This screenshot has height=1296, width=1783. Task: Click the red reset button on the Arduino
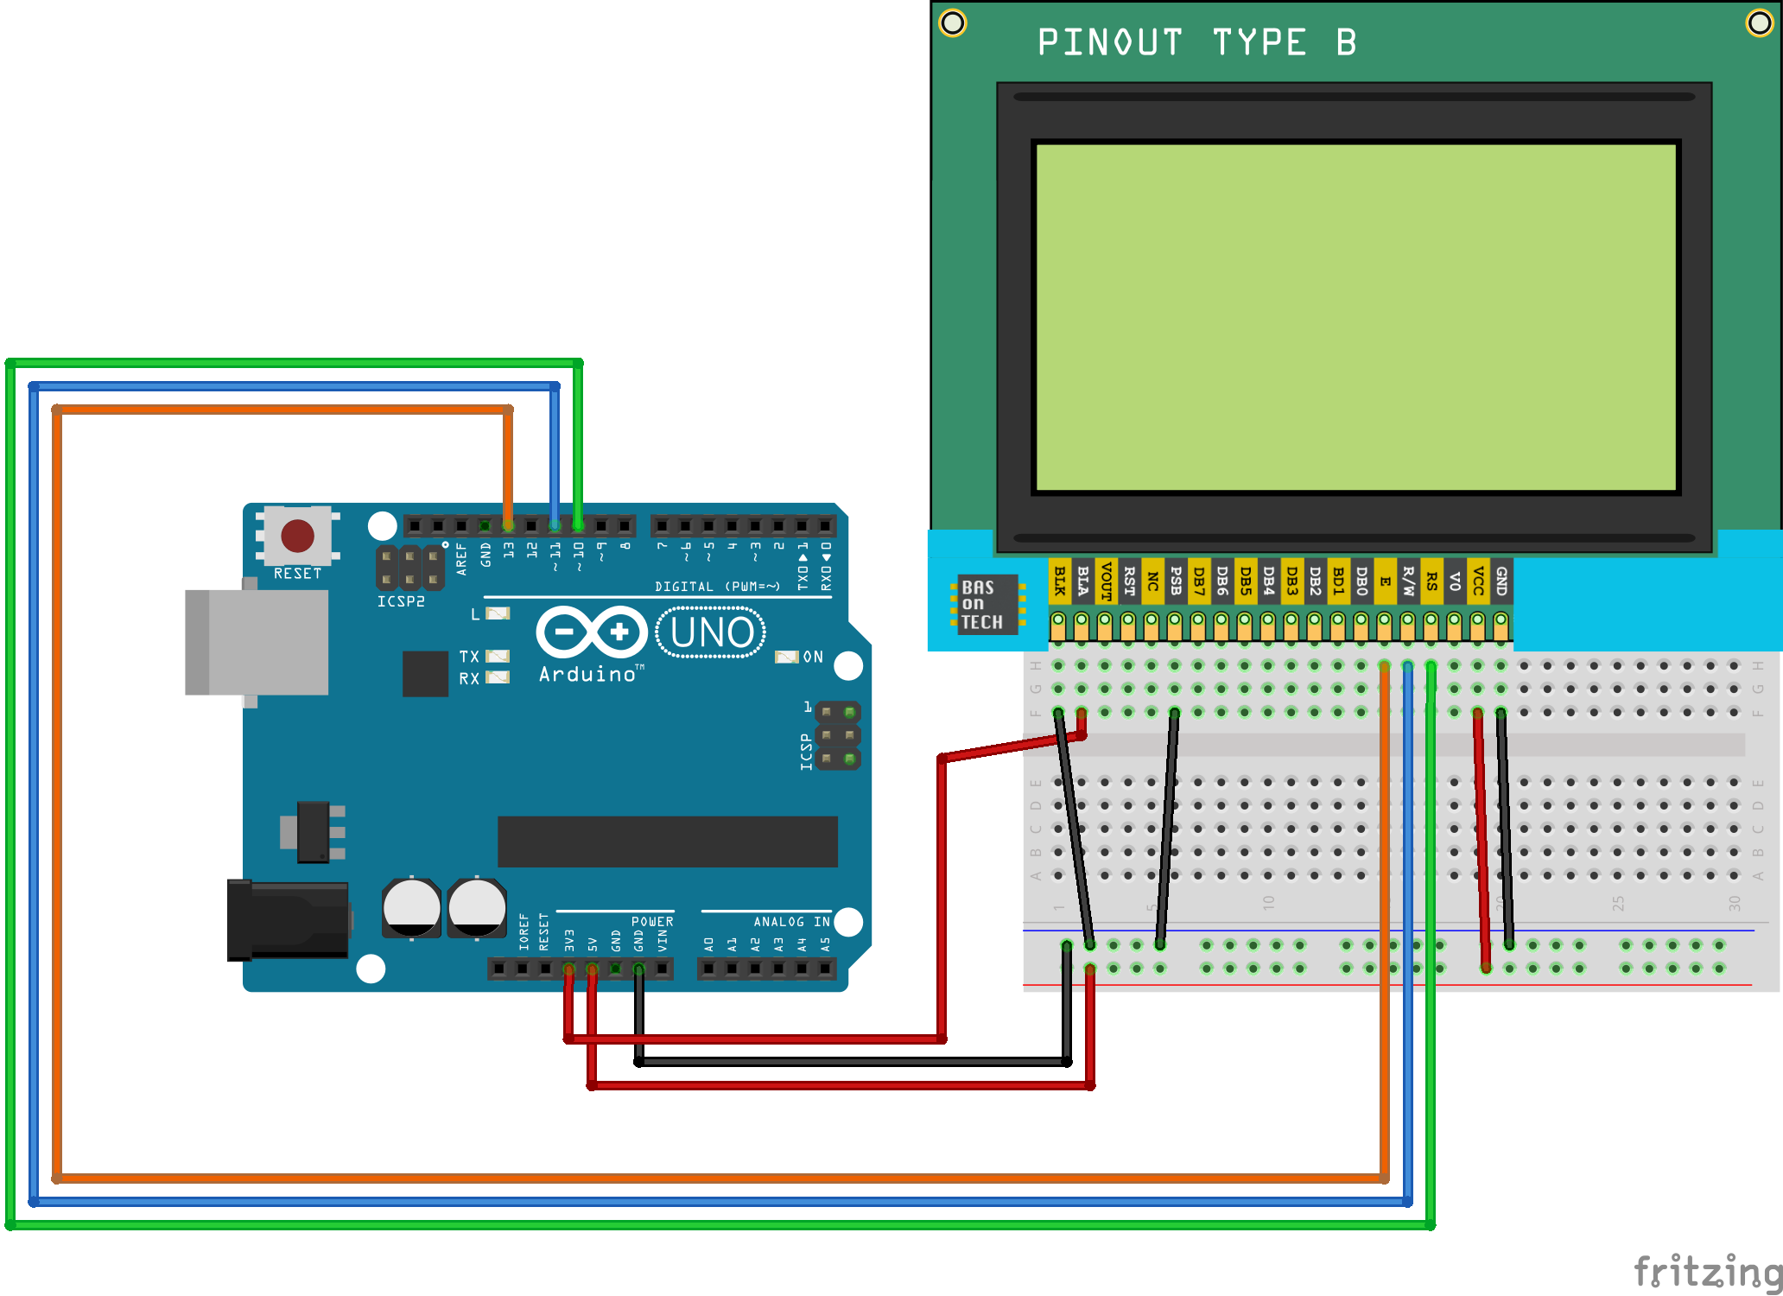pyautogui.click(x=297, y=536)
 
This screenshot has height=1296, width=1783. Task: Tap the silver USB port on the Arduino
pyautogui.click(x=257, y=642)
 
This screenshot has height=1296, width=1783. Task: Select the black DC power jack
pyautogui.click(x=288, y=920)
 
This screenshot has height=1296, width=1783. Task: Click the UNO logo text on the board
pyautogui.click(x=711, y=632)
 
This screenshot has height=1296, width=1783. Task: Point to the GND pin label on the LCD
pyautogui.click(x=1501, y=581)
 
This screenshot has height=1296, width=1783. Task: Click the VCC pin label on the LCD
pyautogui.click(x=1478, y=581)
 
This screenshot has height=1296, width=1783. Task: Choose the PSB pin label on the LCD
pyautogui.click(x=1175, y=581)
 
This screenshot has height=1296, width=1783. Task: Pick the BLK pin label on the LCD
pyautogui.click(x=1059, y=581)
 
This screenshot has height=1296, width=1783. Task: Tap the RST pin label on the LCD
pyautogui.click(x=1128, y=581)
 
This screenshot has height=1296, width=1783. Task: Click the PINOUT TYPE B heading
pyautogui.click(x=1196, y=42)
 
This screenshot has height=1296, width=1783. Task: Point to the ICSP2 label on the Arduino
pyautogui.click(x=401, y=601)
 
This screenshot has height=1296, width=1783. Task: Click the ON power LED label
pyautogui.click(x=813, y=658)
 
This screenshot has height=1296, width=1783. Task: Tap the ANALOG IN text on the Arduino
pyautogui.click(x=790, y=922)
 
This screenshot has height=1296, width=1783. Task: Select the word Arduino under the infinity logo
pyautogui.click(x=587, y=675)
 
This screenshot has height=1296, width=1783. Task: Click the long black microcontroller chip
pyautogui.click(x=667, y=841)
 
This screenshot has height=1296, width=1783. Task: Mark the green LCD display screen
pyautogui.click(x=1355, y=317)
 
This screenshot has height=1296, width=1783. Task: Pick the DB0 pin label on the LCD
pyautogui.click(x=1361, y=581)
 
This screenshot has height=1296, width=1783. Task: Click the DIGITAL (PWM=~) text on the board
pyautogui.click(x=717, y=587)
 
